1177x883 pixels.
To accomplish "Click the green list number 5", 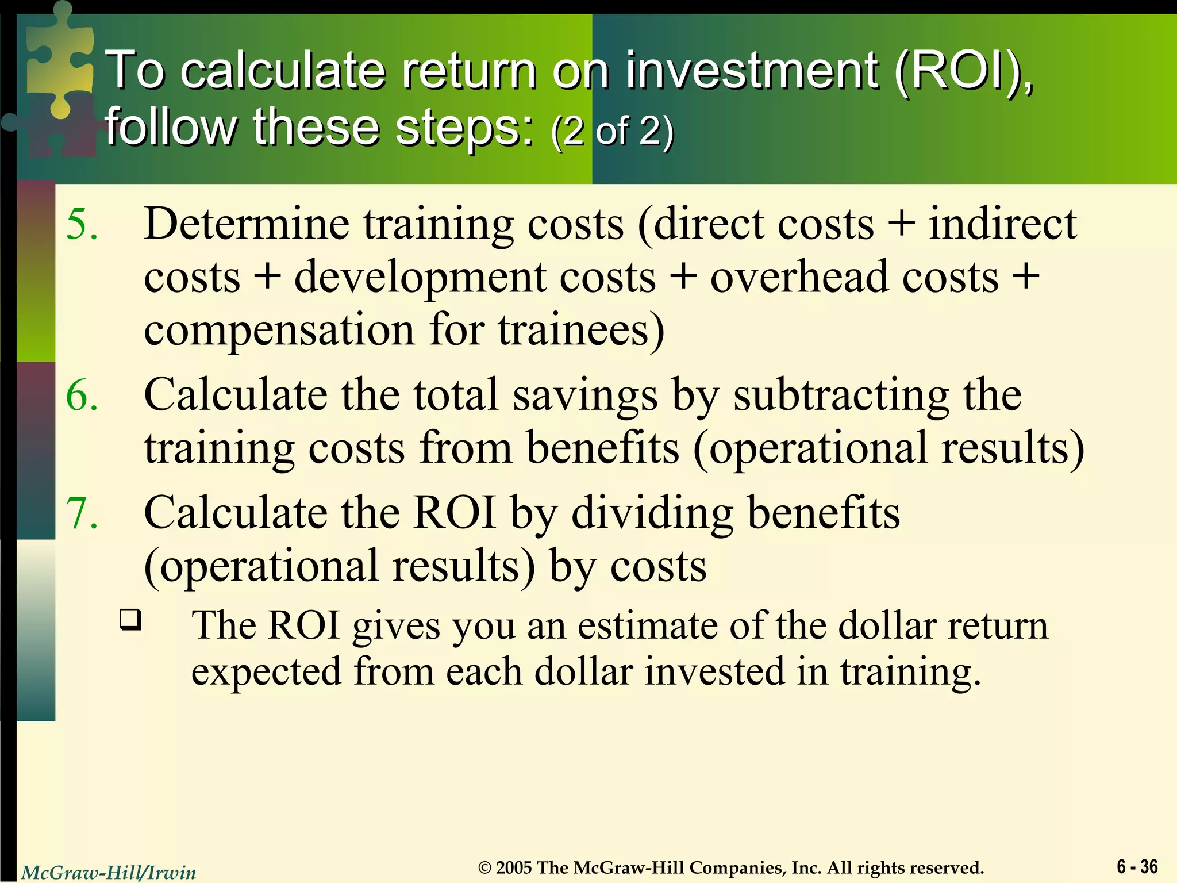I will (x=82, y=224).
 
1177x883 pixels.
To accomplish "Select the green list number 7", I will (x=82, y=513).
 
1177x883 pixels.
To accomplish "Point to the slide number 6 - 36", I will (x=1137, y=866).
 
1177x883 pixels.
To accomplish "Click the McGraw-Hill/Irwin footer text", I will (x=109, y=873).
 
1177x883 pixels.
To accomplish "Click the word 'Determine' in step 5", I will (x=247, y=224).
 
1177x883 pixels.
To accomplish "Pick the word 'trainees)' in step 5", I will (x=581, y=330).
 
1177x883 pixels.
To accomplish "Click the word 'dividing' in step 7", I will (x=652, y=513).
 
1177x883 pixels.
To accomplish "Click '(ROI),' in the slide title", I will (x=963, y=70).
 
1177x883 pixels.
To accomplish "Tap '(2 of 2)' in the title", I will (x=611, y=131).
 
